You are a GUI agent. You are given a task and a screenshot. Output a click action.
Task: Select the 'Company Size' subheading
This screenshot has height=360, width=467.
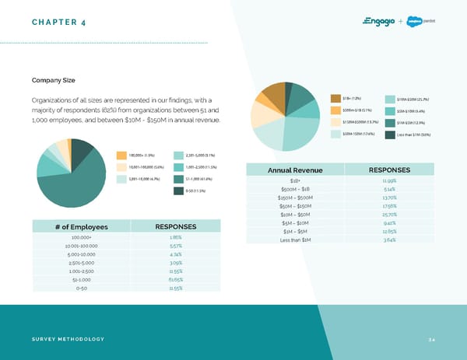tap(53, 80)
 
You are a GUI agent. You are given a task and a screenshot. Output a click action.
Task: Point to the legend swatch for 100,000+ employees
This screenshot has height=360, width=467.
tap(121, 155)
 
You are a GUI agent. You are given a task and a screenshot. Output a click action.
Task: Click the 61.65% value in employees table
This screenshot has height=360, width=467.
tap(176, 277)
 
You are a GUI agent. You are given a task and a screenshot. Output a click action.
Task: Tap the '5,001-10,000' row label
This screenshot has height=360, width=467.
tap(82, 253)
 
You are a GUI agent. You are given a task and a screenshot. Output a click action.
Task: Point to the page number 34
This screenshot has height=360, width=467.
tap(432, 339)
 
